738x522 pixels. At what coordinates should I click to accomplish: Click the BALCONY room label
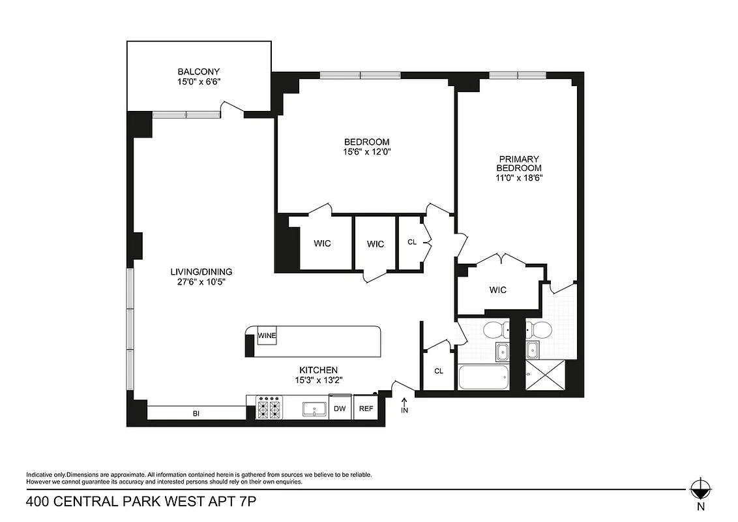pyautogui.click(x=199, y=72)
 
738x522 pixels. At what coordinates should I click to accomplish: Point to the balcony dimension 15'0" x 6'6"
pyautogui.click(x=199, y=82)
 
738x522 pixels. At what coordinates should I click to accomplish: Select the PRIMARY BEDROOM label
pyautogui.click(x=520, y=163)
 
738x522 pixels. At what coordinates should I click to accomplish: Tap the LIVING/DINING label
pyautogui.click(x=201, y=272)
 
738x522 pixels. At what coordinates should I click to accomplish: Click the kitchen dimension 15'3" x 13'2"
pyautogui.click(x=318, y=380)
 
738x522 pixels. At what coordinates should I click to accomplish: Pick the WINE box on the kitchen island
pyautogui.click(x=267, y=335)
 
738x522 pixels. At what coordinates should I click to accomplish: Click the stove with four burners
pyautogui.click(x=269, y=409)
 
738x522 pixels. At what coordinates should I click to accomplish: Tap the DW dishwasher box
pyautogui.click(x=340, y=409)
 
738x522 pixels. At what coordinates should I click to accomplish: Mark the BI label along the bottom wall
pyautogui.click(x=196, y=413)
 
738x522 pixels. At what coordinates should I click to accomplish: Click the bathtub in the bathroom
pyautogui.click(x=483, y=378)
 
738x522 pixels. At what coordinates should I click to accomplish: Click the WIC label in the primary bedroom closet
pyautogui.click(x=497, y=290)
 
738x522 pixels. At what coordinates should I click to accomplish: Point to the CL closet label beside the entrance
pyautogui.click(x=439, y=371)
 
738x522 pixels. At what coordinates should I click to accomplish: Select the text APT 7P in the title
pyautogui.click(x=236, y=502)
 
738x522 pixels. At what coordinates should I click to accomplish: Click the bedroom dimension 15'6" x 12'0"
pyautogui.click(x=366, y=151)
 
